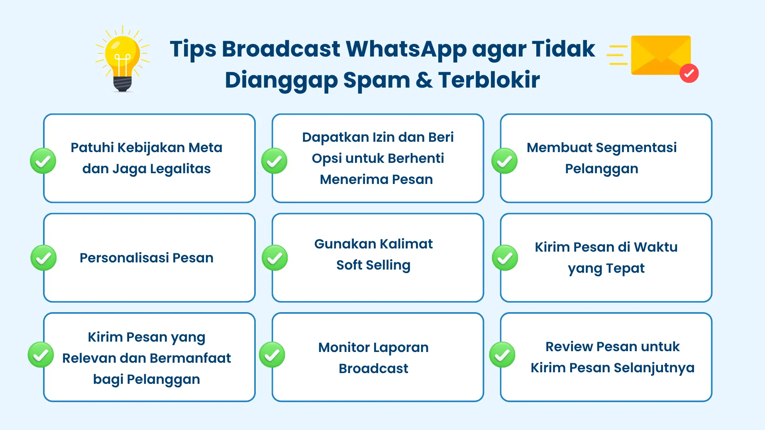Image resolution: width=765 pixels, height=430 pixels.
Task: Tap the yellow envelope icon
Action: (661, 55)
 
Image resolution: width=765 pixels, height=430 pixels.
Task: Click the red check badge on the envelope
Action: (689, 73)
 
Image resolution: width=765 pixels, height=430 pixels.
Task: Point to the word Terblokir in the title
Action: (489, 80)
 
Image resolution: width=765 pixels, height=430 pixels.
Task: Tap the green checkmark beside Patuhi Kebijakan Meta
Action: (43, 161)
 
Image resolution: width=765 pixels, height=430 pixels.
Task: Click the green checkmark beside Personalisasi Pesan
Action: (43, 258)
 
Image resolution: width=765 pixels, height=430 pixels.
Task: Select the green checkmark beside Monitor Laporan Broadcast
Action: (272, 355)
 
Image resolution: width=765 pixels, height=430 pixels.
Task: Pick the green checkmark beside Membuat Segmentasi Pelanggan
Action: (504, 161)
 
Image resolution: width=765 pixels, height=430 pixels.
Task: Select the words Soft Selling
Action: (373, 265)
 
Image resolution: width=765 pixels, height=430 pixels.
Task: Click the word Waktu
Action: (655, 247)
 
